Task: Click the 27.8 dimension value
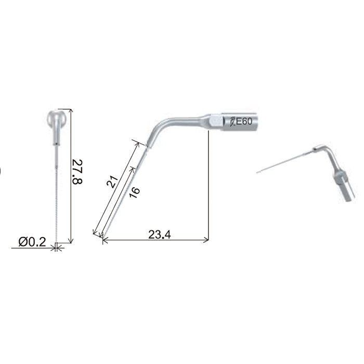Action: (x=77, y=172)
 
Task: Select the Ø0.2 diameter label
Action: (x=32, y=242)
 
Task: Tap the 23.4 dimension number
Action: (x=160, y=235)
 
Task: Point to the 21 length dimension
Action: (x=112, y=181)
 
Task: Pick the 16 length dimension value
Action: (x=134, y=192)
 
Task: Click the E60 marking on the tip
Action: (x=244, y=121)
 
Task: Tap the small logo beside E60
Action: (x=232, y=122)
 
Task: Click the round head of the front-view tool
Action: (x=57, y=118)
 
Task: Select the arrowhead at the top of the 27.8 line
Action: (x=71, y=110)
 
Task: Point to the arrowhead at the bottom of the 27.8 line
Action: (x=71, y=241)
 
